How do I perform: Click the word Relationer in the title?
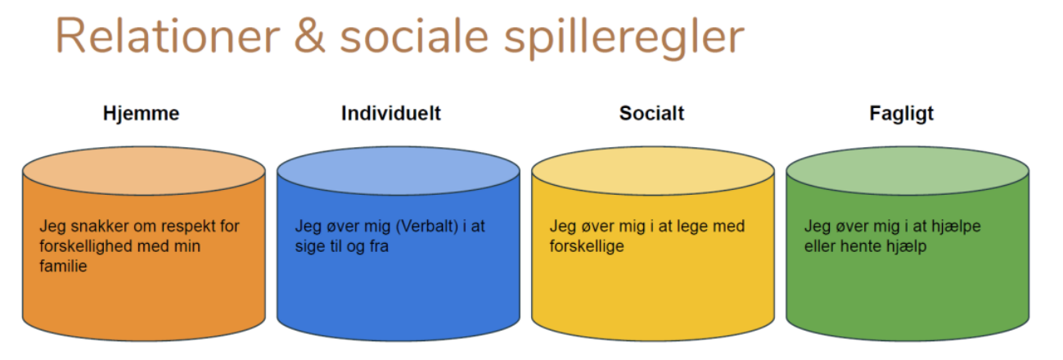(168, 36)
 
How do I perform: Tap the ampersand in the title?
(309, 36)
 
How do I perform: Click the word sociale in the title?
(414, 36)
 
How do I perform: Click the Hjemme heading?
(141, 114)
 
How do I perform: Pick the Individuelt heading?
(391, 114)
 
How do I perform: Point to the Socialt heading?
(651, 114)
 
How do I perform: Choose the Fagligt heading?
(901, 115)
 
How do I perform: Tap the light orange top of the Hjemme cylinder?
(144, 171)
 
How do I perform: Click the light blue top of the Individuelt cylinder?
(399, 171)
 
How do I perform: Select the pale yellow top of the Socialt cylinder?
(653, 171)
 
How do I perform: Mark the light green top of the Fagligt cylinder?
(908, 171)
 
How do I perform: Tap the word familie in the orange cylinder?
(63, 266)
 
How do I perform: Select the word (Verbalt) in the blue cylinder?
(426, 227)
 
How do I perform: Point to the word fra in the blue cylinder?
(379, 246)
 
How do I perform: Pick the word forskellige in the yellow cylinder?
(587, 246)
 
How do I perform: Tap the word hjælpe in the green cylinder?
(956, 227)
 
